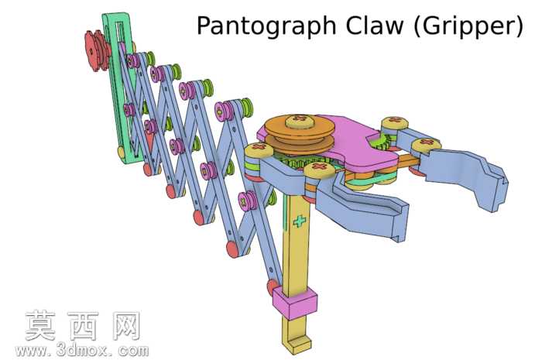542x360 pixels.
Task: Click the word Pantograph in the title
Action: [x=266, y=26]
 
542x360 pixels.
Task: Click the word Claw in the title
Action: [x=375, y=25]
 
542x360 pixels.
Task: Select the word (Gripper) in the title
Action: [x=469, y=26]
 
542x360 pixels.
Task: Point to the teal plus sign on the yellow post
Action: [x=300, y=221]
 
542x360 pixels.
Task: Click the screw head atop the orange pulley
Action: [x=300, y=121]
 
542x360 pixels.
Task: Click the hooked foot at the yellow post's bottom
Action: [x=297, y=345]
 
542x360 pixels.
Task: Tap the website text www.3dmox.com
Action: [x=82, y=351]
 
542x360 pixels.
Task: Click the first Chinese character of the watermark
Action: [x=40, y=325]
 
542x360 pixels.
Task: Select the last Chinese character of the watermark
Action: [x=126, y=325]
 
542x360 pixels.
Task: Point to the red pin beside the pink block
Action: [x=271, y=287]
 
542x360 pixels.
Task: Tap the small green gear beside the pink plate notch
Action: [x=382, y=142]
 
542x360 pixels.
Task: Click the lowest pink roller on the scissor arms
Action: [x=248, y=201]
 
